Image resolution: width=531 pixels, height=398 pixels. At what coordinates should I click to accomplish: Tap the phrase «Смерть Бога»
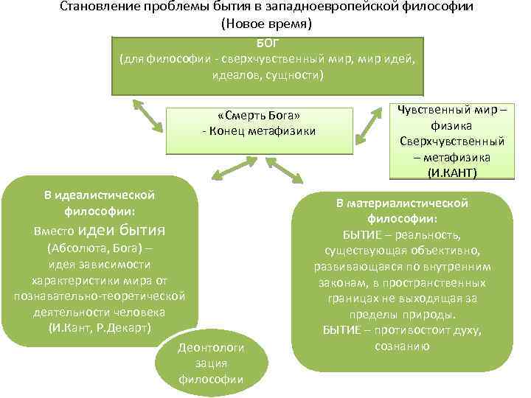(x=259, y=116)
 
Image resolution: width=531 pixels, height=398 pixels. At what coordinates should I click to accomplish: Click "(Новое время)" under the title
(x=267, y=24)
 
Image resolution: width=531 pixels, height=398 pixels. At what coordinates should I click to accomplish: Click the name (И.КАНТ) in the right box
(x=452, y=172)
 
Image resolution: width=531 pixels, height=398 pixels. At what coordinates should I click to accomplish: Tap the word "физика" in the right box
(x=452, y=126)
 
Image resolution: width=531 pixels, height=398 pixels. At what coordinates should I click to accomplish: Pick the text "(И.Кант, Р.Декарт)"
(x=99, y=327)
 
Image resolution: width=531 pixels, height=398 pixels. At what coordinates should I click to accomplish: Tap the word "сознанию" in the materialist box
(x=402, y=346)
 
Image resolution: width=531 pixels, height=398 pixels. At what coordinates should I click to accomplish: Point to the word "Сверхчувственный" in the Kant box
(x=452, y=141)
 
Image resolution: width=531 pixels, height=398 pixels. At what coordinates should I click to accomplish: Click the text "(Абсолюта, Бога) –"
(x=99, y=248)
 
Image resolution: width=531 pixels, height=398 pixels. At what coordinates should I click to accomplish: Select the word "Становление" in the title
(x=92, y=7)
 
